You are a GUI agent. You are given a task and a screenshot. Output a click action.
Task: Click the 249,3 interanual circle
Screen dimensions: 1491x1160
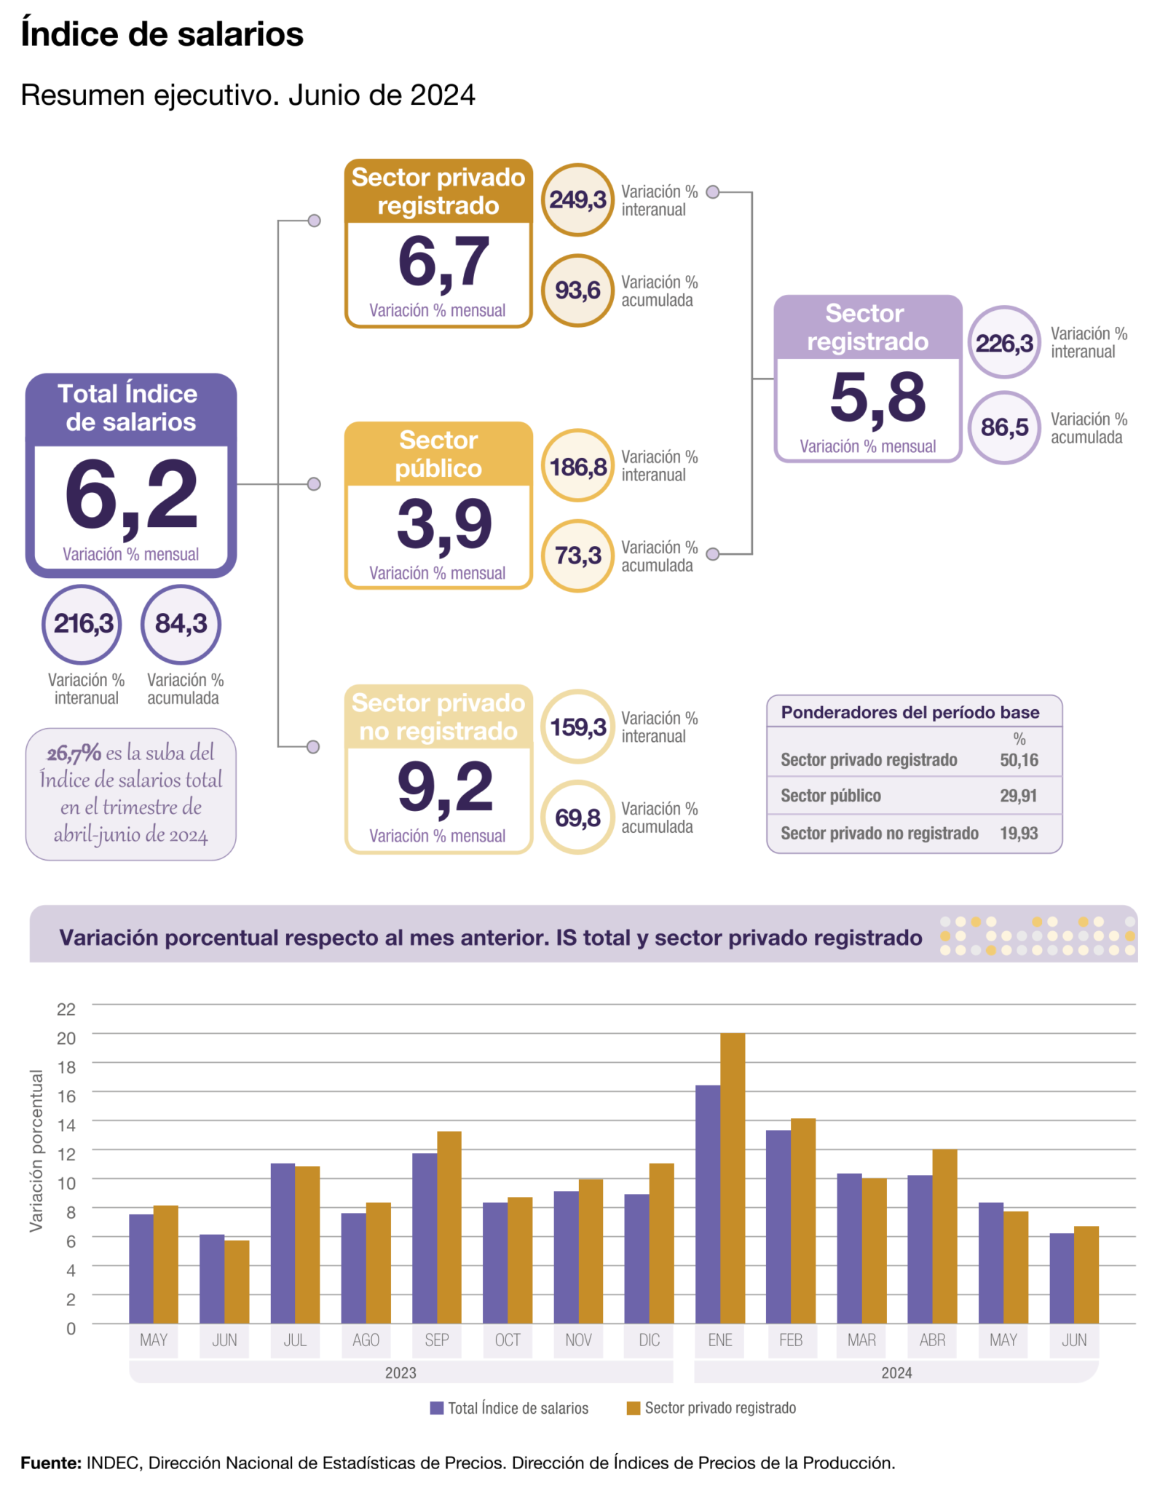[x=577, y=199]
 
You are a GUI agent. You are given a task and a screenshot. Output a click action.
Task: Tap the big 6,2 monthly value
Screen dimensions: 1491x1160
[x=131, y=496]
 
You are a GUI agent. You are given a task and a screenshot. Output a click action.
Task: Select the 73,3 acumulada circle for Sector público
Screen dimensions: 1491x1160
[x=577, y=555]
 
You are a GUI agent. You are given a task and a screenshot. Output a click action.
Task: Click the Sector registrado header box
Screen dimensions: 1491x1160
[x=867, y=328]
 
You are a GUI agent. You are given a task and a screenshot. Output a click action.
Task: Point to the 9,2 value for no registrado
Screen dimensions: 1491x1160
[x=445, y=788]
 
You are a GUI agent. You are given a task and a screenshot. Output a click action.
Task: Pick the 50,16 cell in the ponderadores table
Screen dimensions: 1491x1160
[x=1019, y=760]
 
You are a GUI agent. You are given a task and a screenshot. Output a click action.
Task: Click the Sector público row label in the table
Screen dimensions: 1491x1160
[x=831, y=796]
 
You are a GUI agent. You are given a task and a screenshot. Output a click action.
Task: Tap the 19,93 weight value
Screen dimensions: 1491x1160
[x=1019, y=833]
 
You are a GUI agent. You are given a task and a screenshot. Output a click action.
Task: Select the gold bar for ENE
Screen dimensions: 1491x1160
[x=733, y=1178]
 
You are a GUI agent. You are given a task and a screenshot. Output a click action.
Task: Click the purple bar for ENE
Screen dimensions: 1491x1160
[x=707, y=1204]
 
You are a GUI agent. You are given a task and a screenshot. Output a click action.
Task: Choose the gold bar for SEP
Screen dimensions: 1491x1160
[x=449, y=1227]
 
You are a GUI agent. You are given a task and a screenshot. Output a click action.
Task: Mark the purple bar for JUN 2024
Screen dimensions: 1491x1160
[x=1061, y=1278]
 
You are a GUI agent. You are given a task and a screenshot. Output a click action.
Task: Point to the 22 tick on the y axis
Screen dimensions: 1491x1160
[x=66, y=1009]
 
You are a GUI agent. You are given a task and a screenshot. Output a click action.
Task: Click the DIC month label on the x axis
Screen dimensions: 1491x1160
[x=649, y=1340]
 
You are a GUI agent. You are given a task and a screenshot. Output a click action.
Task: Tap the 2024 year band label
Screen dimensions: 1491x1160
[x=896, y=1373]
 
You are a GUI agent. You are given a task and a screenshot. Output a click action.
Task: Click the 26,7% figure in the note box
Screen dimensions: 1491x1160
[x=74, y=753]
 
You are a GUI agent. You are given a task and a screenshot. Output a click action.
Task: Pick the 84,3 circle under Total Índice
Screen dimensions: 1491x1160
[x=181, y=624]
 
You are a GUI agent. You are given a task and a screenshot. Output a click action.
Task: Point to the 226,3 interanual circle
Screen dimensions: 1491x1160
[x=1004, y=342]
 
